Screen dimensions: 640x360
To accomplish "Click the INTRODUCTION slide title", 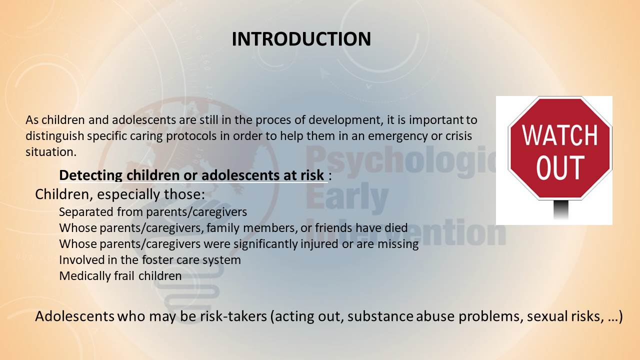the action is coord(301,39).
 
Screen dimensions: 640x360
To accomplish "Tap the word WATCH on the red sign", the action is coord(559,135).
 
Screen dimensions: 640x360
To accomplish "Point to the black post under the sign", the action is coord(561,209).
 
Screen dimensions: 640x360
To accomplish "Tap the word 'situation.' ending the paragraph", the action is coord(51,152).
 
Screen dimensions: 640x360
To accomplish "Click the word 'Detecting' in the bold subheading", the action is coord(91,175).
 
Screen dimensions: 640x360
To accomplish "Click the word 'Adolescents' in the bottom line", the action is coord(75,316).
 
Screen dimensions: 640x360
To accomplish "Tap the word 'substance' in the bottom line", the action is coord(380,316).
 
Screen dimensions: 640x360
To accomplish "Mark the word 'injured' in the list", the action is coord(319,244).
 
